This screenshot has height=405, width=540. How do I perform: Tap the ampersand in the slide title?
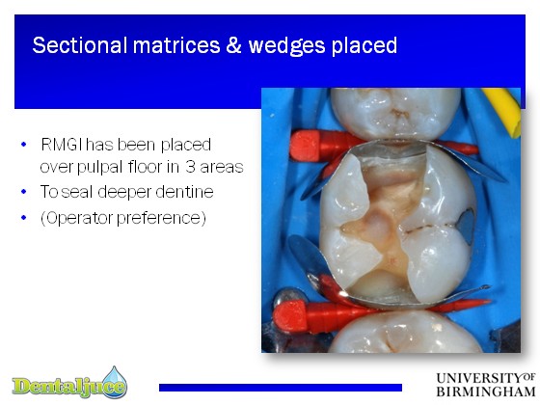tap(233, 45)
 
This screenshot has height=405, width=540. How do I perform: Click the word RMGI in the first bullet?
tap(62, 145)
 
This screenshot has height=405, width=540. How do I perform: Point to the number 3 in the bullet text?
tap(190, 167)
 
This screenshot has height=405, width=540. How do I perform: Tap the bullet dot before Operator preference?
tap(24, 217)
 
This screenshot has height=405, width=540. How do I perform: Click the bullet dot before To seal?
tap(24, 191)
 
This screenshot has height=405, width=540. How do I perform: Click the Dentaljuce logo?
tap(69, 384)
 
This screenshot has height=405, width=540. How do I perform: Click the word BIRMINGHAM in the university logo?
tap(486, 391)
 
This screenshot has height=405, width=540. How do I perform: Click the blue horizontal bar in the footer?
tap(281, 388)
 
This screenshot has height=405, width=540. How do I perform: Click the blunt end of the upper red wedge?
tap(304, 146)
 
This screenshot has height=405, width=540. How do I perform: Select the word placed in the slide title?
tap(364, 47)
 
